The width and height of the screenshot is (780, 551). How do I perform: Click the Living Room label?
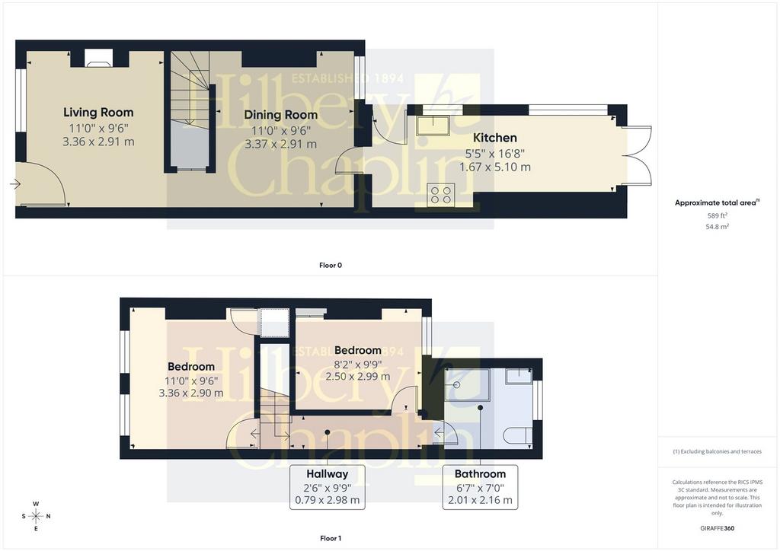(x=98, y=113)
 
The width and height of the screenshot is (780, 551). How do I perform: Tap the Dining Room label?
(x=280, y=115)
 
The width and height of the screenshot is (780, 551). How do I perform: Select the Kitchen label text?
(x=494, y=138)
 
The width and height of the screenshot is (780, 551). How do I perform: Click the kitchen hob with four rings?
(x=441, y=194)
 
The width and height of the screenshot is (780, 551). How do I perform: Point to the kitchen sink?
(x=433, y=126)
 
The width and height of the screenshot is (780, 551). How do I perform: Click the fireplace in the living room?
(x=99, y=58)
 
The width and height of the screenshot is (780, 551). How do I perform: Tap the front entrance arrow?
(x=14, y=184)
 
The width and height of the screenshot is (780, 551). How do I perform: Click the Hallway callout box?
(x=328, y=487)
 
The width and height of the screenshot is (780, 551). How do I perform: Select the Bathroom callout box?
(x=480, y=487)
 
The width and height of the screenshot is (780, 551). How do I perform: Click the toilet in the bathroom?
(x=518, y=436)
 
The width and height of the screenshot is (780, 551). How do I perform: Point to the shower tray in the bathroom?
(x=467, y=385)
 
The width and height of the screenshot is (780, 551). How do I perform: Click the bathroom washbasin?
(x=519, y=376)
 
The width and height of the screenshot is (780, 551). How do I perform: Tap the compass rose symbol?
(x=36, y=516)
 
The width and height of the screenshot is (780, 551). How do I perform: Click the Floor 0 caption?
(x=331, y=266)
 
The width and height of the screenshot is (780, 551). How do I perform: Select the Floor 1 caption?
(x=331, y=538)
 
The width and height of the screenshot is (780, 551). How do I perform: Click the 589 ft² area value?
(x=718, y=215)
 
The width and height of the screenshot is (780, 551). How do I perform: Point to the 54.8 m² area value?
(x=718, y=227)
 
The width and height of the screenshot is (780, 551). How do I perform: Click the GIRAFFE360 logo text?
(x=718, y=528)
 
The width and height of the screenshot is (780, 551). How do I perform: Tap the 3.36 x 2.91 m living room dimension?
(x=98, y=142)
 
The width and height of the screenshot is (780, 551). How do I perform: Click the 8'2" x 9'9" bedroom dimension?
(x=358, y=363)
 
